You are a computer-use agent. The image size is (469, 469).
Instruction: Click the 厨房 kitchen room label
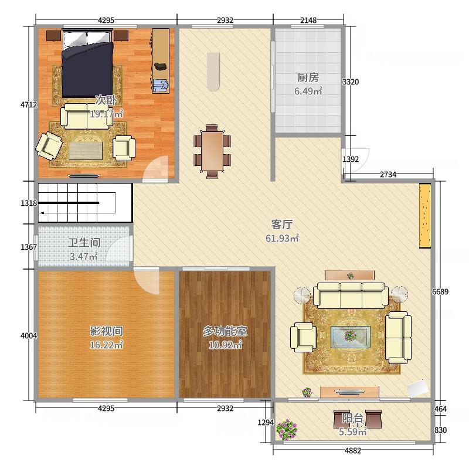(308, 77)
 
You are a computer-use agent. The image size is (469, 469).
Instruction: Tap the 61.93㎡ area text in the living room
(282, 238)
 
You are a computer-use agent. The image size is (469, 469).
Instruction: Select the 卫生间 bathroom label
(84, 242)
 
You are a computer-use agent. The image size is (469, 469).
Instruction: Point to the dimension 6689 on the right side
(440, 291)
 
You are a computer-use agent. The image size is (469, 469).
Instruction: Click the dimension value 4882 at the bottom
(353, 450)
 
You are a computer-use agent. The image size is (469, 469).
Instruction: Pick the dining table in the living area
(212, 151)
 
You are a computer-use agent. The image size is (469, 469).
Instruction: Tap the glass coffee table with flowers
(350, 337)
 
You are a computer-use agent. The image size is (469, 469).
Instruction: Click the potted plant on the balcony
(287, 430)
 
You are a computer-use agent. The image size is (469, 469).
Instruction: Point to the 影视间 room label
(106, 331)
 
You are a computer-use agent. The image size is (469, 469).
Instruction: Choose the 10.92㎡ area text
(225, 345)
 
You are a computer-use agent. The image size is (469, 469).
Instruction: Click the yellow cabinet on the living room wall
(424, 216)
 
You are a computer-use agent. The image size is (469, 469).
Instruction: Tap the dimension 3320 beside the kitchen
(350, 81)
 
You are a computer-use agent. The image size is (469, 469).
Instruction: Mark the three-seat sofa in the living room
(351, 295)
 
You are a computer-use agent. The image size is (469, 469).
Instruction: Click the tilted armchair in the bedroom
(49, 146)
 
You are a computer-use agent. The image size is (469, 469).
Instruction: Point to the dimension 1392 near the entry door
(350, 159)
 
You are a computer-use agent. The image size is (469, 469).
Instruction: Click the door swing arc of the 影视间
(147, 281)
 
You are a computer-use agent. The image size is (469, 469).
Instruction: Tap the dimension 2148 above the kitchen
(308, 20)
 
